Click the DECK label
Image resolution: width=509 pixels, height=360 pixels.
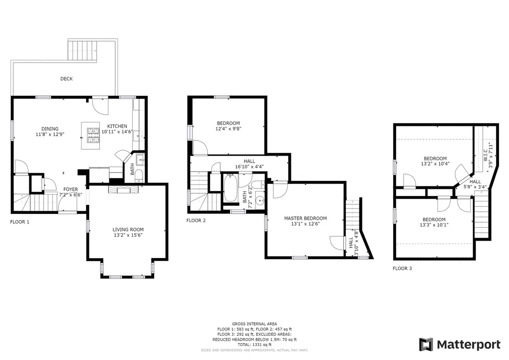pos(67,79)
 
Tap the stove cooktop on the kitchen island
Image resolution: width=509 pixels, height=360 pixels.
pos(93,136)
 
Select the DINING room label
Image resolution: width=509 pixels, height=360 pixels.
pos(50,129)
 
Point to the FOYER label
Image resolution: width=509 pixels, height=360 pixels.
pos(71,189)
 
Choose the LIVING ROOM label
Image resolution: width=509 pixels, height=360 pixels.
pos(128,230)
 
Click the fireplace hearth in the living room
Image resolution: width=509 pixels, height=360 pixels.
pos(123,189)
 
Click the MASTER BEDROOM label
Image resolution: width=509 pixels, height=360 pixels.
pos(306,218)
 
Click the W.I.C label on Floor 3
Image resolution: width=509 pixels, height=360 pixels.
pos(485,154)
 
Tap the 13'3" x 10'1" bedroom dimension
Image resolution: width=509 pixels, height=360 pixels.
pos(434,225)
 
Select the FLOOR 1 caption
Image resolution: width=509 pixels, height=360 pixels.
pos(20,222)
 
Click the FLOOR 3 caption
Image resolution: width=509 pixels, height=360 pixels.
pos(402,269)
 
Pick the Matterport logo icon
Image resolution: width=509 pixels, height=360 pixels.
pos(426,345)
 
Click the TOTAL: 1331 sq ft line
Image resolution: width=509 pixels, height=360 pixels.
pos(254,345)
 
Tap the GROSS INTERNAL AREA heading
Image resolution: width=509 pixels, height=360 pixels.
pos(254,324)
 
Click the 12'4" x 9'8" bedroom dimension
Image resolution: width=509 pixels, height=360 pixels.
pos(229,129)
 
